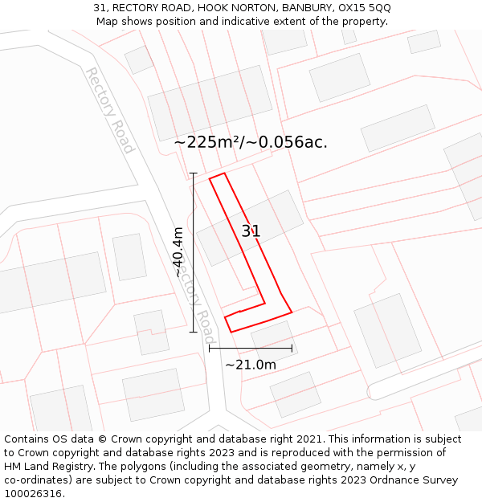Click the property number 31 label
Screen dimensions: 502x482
[x=251, y=231]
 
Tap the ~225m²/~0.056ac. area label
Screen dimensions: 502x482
[x=251, y=142]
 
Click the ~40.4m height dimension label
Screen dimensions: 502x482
[x=178, y=252]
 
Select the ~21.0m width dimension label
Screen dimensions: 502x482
[x=251, y=365]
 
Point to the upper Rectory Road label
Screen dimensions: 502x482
[x=108, y=110]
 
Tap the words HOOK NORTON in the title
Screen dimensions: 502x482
[x=234, y=7]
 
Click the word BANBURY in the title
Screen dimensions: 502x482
[x=304, y=7]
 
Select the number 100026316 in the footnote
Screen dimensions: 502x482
[x=34, y=494]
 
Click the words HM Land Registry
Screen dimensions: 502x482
[x=46, y=467]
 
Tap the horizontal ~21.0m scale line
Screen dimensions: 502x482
[x=251, y=349]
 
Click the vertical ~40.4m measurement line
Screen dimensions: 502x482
[x=193, y=252]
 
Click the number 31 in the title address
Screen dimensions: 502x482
[x=100, y=7]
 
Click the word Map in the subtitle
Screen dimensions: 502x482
[x=108, y=21]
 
